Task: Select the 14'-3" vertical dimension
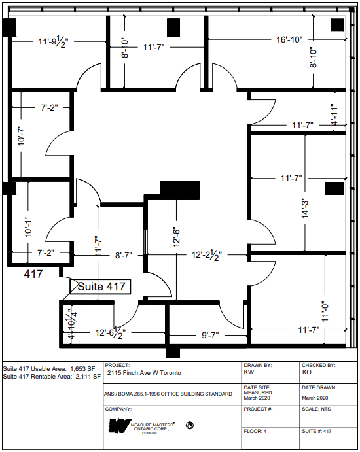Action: (x=304, y=213)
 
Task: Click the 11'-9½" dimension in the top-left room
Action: (x=53, y=41)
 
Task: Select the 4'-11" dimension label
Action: (x=333, y=114)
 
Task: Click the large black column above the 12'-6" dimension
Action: (x=179, y=188)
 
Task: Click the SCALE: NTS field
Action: (x=317, y=409)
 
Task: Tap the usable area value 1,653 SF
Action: (x=84, y=368)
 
